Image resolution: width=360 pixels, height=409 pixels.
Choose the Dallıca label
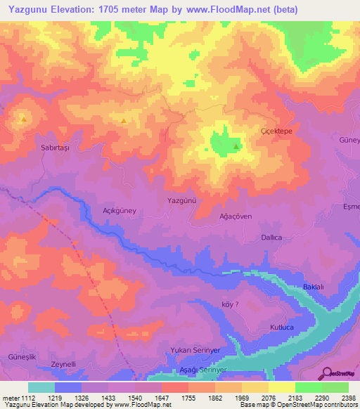pyautogui.click(x=271, y=238)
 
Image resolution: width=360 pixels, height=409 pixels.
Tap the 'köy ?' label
pyautogui.click(x=231, y=304)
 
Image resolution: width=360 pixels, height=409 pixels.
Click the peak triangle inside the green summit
pyautogui.click(x=236, y=146)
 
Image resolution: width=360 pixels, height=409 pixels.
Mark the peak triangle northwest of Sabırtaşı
pyautogui.click(x=24, y=119)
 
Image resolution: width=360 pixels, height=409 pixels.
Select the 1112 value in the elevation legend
pyautogui.click(x=28, y=397)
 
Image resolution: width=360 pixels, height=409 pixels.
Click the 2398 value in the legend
pyautogui.click(x=348, y=397)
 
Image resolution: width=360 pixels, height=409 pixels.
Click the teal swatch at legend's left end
pyautogui.click(x=41, y=387)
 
